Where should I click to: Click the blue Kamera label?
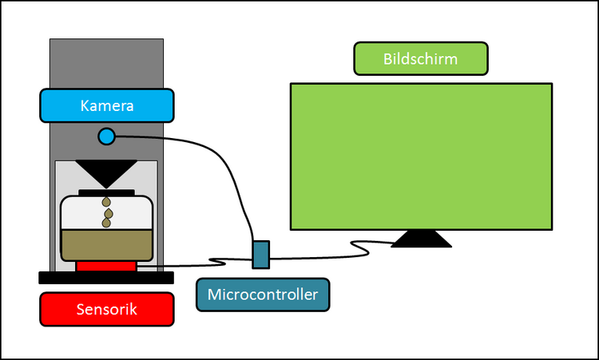tap(106, 105)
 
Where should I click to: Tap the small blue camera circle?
tap(106, 136)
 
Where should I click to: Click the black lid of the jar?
tap(106, 192)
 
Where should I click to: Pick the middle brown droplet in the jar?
tap(107, 214)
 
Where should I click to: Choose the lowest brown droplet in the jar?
tap(106, 224)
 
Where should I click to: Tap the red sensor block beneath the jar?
tap(106, 266)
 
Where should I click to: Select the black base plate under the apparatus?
tap(106, 278)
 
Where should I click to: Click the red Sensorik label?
tap(106, 309)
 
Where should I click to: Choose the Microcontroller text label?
tap(263, 295)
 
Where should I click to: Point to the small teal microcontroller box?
tap(261, 255)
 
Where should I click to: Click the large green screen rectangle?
tap(420, 156)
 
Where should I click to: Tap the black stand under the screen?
tap(420, 239)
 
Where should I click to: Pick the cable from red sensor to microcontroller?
tap(184, 265)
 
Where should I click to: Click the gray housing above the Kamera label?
tap(106, 64)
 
